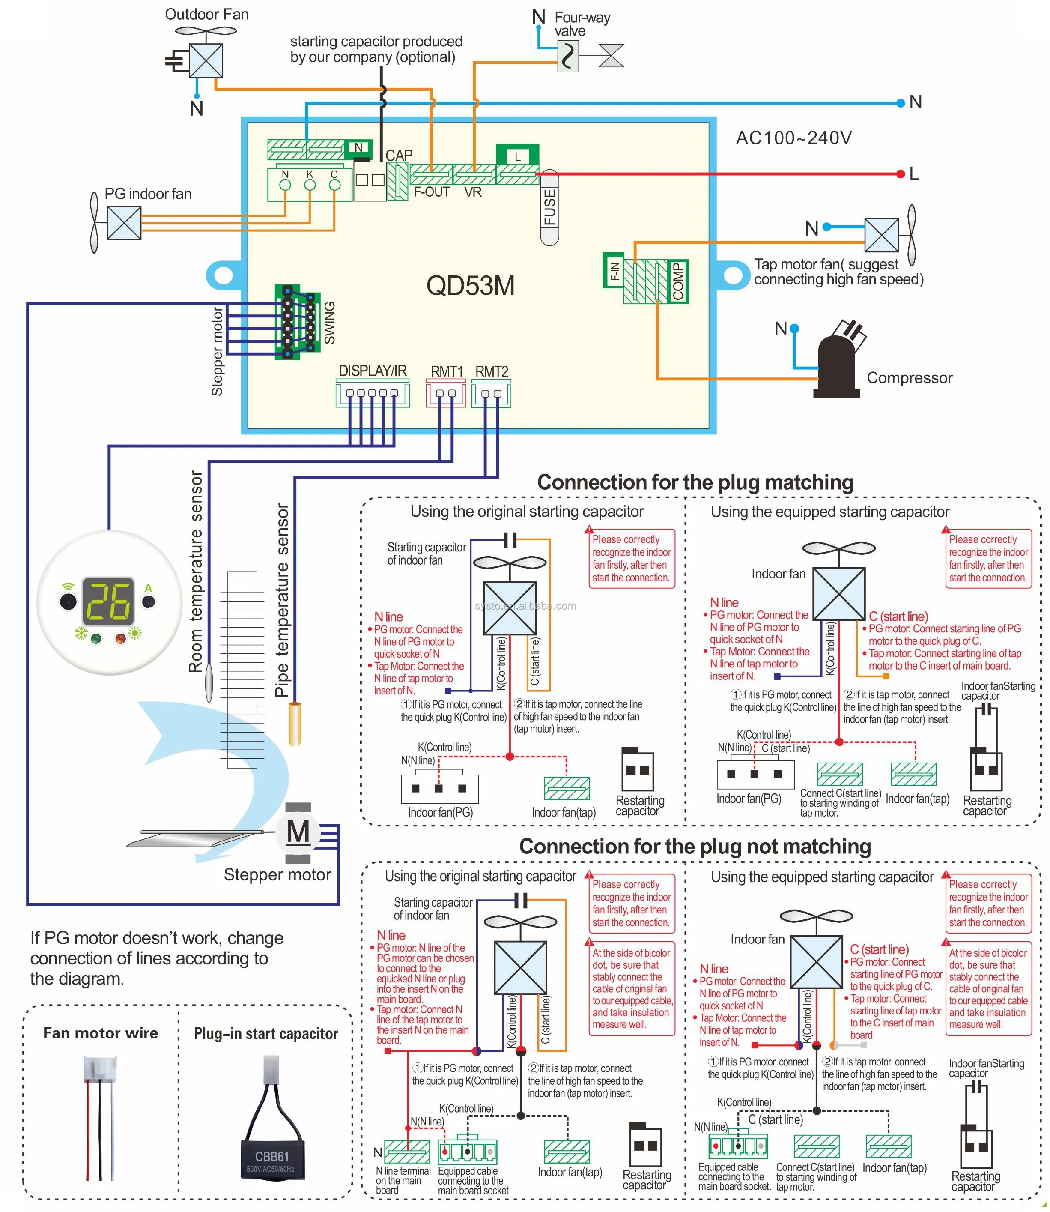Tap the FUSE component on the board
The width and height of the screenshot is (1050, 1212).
tap(549, 207)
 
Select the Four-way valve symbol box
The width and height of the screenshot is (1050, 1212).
tap(568, 57)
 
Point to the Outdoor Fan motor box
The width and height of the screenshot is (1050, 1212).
tap(206, 60)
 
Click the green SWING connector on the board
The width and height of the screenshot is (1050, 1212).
tap(297, 322)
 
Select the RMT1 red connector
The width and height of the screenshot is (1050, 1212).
tap(446, 393)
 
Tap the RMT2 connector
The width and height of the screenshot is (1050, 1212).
tap(491, 393)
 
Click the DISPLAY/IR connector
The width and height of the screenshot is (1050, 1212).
tap(372, 393)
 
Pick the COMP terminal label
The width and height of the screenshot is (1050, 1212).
tap(678, 281)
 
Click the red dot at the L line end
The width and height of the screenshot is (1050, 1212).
tap(901, 174)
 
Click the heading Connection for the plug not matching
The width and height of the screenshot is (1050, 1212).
tap(695, 846)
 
